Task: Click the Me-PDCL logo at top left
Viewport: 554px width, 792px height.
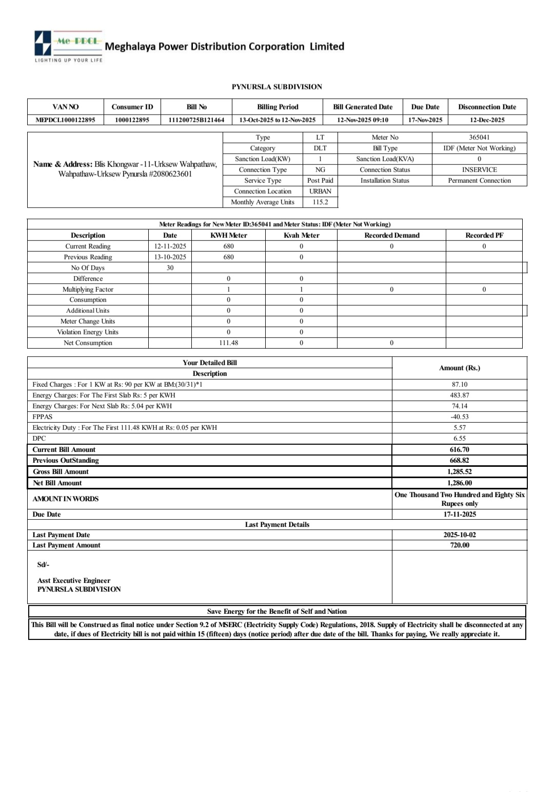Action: click(x=68, y=45)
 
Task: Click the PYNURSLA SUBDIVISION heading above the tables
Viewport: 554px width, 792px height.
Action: click(x=276, y=87)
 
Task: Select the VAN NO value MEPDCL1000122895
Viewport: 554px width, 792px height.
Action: click(x=65, y=120)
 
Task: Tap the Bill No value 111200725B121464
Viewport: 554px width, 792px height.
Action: click(x=196, y=120)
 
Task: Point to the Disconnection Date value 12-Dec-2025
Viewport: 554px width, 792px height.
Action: click(x=487, y=120)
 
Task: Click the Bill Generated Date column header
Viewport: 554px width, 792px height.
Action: click(x=363, y=107)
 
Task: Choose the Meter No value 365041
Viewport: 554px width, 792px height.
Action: click(x=479, y=137)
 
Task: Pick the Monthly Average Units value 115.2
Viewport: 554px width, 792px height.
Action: click(x=320, y=202)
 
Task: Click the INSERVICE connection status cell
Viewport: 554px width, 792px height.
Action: click(x=479, y=169)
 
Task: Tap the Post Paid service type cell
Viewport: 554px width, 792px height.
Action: click(x=320, y=180)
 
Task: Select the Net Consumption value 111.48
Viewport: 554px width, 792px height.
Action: click(x=228, y=343)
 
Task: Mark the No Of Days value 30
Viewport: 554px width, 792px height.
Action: click(x=170, y=268)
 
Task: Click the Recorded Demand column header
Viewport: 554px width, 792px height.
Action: click(x=391, y=235)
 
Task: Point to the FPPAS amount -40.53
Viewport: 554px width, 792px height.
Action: click(x=459, y=417)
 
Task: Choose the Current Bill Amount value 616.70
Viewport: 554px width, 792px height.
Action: click(x=459, y=449)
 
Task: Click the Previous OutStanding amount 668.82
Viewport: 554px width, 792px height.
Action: click(x=459, y=460)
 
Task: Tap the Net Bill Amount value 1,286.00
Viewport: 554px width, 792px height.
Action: click(x=459, y=483)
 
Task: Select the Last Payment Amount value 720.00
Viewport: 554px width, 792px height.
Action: click(x=459, y=545)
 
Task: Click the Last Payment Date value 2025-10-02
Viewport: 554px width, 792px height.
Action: click(x=459, y=535)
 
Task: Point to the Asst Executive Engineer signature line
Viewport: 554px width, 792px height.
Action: click(x=74, y=580)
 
